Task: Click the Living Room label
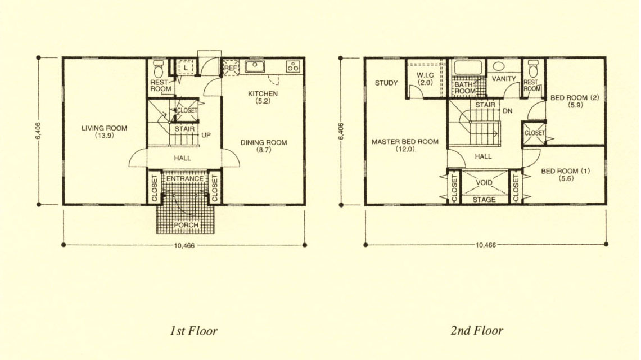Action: pyautogui.click(x=104, y=128)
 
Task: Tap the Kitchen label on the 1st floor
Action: pyautogui.click(x=263, y=94)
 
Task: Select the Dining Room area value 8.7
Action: pyautogui.click(x=264, y=150)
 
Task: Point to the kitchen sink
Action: pyautogui.click(x=255, y=66)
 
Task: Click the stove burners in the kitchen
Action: pyautogui.click(x=293, y=66)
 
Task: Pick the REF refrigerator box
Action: pyautogui.click(x=231, y=68)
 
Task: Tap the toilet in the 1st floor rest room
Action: pyautogui.click(x=158, y=68)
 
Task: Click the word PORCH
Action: pyautogui.click(x=186, y=225)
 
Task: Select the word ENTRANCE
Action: pyautogui.click(x=185, y=179)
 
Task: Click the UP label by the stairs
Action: pyautogui.click(x=206, y=135)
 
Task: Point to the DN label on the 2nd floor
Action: pyautogui.click(x=507, y=111)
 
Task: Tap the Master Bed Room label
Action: pyautogui.click(x=405, y=142)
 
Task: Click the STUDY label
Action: pyautogui.click(x=386, y=83)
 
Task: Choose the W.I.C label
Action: pyautogui.click(x=425, y=75)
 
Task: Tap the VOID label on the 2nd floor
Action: pyautogui.click(x=485, y=183)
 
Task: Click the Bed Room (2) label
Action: pyautogui.click(x=575, y=98)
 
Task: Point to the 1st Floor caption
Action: pyautogui.click(x=194, y=331)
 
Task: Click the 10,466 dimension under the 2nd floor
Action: pyautogui.click(x=486, y=245)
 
